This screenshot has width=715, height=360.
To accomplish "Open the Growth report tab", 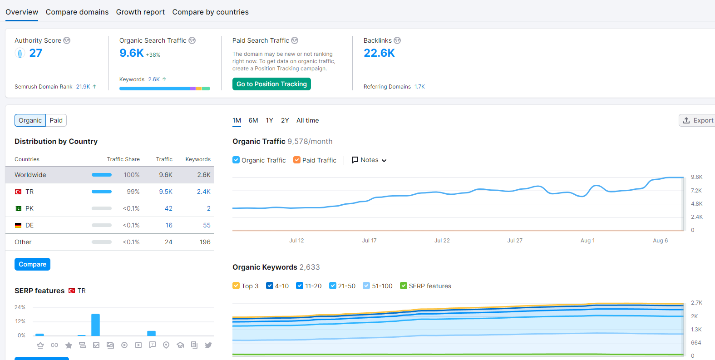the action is (140, 12).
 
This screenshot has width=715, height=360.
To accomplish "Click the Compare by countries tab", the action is (210, 12).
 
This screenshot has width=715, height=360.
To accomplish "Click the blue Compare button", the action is (32, 264).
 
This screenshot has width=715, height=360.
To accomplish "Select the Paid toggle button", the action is (56, 120).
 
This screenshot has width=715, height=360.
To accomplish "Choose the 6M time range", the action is (253, 120).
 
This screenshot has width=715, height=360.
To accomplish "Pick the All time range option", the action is (307, 120).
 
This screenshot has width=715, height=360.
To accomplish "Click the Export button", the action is (697, 120).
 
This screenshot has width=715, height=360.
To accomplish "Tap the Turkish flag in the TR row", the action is (18, 192).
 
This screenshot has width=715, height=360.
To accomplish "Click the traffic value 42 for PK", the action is (168, 208).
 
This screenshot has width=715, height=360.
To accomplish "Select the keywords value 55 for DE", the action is (207, 225).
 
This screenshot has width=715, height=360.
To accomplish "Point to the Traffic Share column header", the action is (123, 159).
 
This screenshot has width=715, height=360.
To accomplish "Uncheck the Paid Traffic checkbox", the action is (297, 160).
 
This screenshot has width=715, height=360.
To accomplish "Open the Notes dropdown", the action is (369, 160).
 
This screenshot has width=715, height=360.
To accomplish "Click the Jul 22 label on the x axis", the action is (442, 241).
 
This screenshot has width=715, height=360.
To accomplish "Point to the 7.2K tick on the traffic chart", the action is (696, 191).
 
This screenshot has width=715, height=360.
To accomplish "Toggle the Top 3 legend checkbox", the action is (236, 286).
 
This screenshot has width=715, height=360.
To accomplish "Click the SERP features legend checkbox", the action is (404, 286).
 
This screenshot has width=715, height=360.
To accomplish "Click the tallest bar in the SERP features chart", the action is (95, 325).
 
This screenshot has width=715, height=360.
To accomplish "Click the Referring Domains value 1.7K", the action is (419, 87).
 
